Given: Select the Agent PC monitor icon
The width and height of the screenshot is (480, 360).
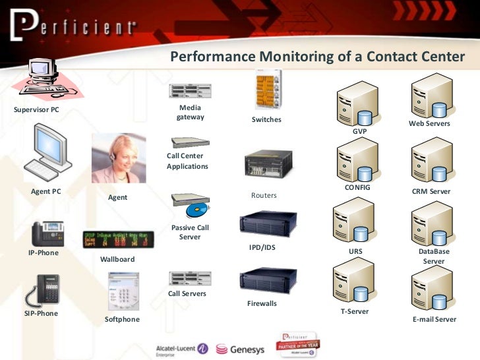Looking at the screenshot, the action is (47, 154).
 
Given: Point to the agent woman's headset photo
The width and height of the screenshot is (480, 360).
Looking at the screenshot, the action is (119, 159).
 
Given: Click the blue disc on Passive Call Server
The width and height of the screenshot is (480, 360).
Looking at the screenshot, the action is (197, 211).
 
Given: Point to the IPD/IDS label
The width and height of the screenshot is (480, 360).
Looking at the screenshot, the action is (262, 247).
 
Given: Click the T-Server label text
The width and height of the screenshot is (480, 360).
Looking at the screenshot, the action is (354, 311).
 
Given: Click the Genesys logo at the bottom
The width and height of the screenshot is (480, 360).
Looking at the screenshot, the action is (241, 348).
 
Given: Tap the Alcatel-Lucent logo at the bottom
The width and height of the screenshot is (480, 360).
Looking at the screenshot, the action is (181, 348).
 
